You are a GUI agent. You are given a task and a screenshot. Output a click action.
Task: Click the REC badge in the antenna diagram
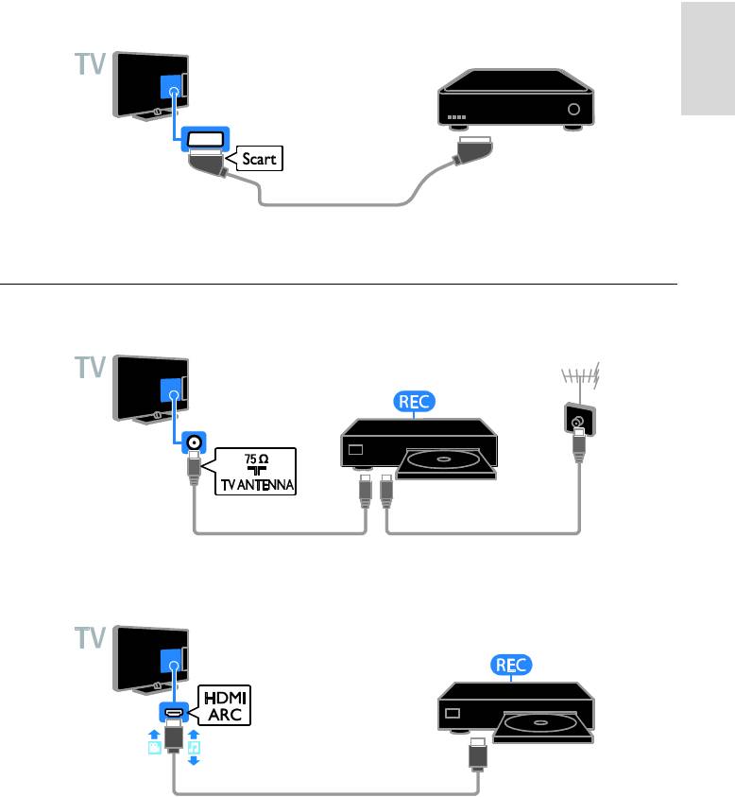coord(414,401)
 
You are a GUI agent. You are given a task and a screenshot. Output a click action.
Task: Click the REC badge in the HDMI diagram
coord(512,666)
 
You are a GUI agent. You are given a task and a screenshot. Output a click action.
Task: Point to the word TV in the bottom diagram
coord(91,639)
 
